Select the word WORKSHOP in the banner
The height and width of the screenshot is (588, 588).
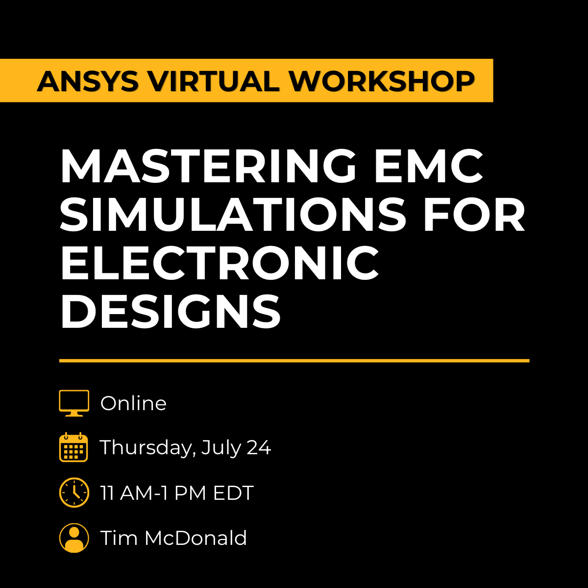tap(381, 81)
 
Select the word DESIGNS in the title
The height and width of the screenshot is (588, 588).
tap(170, 311)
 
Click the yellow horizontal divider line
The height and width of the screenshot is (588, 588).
tap(294, 361)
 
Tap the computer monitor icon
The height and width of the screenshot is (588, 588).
tap(74, 403)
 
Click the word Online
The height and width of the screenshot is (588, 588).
tap(133, 403)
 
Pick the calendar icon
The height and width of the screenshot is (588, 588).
tap(73, 447)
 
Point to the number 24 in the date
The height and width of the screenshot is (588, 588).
tap(258, 447)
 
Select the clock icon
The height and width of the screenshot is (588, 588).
tap(74, 492)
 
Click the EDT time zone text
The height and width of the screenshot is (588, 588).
tap(233, 492)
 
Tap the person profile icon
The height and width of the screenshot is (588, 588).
tap(74, 538)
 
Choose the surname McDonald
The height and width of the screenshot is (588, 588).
tap(196, 538)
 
